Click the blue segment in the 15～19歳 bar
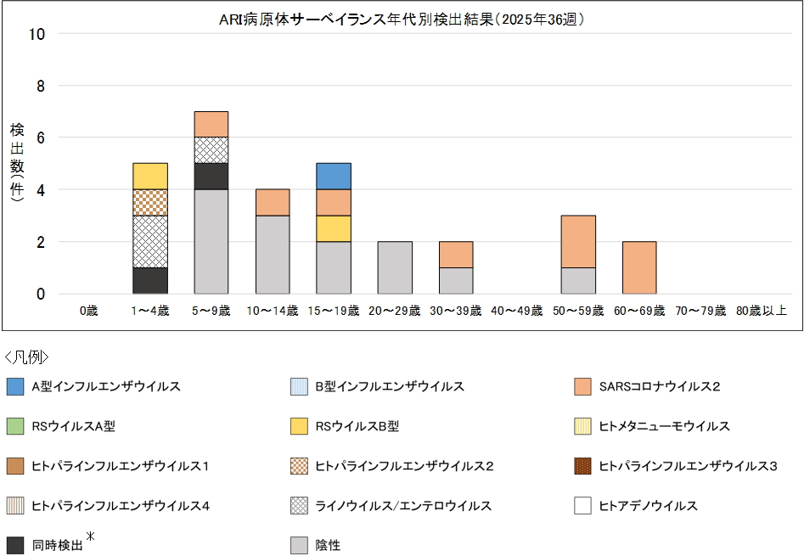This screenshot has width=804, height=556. [x=334, y=177]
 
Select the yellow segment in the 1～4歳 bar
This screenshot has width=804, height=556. [x=150, y=177]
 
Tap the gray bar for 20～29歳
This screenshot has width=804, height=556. [x=395, y=268]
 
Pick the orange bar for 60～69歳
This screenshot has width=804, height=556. [x=639, y=268]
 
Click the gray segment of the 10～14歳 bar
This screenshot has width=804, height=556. [x=273, y=255]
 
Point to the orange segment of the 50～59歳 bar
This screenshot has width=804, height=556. [x=578, y=242]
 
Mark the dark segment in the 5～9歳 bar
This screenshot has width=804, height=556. [x=211, y=177]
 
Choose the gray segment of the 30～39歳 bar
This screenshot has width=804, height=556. [x=456, y=281]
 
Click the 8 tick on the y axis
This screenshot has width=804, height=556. [x=40, y=86]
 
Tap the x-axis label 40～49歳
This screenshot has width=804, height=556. [x=516, y=312]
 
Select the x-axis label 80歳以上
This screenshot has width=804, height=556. [x=762, y=312]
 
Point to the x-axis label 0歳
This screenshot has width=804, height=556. [x=88, y=312]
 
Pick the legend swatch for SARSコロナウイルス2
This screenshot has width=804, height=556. [x=582, y=387]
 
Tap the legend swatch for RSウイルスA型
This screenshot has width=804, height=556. [x=15, y=427]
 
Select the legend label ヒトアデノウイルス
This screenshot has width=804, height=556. [x=648, y=506]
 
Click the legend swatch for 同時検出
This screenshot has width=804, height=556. [x=15, y=546]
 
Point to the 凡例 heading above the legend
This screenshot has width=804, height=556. [x=27, y=357]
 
